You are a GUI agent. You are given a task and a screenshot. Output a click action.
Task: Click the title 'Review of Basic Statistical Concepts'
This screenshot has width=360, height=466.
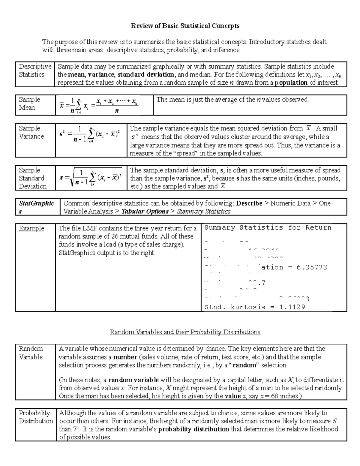pos(185,26)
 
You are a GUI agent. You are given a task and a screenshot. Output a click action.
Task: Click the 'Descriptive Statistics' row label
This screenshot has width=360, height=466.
pos(35,71)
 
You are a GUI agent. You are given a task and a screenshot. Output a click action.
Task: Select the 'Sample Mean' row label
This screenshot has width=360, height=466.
pos(29,104)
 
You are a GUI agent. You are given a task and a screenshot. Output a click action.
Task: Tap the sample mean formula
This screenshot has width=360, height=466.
pos(99,105)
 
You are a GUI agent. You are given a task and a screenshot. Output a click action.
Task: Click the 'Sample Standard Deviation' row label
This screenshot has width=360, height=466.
pos(33,178)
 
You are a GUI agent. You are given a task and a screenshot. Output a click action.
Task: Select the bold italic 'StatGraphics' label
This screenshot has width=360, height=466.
pos(36,207)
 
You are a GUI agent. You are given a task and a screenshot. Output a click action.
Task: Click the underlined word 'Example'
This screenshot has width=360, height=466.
pos(31,228)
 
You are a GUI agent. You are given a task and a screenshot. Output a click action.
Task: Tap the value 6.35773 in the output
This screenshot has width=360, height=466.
pos(312,267)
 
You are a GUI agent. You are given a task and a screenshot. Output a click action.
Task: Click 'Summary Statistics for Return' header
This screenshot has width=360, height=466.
pos(268,228)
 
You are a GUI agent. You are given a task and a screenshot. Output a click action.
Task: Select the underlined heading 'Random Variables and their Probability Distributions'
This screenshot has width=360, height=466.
pos(185,332)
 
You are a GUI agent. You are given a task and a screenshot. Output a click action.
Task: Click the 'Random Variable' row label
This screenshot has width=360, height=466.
pos(31,353)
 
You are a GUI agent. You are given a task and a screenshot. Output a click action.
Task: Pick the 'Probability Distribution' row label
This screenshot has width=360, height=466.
pos(36,417)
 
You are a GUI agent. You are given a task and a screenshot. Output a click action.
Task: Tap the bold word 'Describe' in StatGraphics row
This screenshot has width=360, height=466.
pos(249,203)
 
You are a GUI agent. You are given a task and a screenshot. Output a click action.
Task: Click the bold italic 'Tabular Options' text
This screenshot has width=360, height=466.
pos(145,211)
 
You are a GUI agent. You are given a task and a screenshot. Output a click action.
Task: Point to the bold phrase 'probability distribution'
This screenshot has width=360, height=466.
pos(193,429)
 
